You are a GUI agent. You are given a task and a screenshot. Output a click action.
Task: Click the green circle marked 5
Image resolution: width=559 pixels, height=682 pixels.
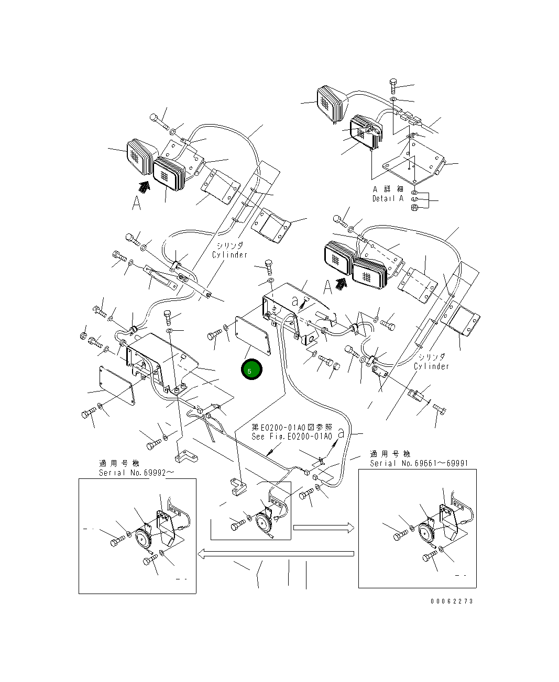[251, 370]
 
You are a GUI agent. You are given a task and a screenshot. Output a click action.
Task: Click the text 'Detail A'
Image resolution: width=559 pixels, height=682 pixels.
[388, 199]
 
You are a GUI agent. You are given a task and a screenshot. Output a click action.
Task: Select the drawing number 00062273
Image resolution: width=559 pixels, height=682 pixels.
[452, 601]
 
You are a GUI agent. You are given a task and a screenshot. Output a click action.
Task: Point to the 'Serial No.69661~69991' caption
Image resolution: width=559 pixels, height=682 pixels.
[419, 463]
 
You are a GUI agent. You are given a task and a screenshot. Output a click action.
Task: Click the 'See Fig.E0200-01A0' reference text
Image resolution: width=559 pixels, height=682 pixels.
[292, 437]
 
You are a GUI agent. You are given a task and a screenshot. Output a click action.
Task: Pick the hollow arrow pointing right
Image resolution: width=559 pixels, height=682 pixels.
[321, 528]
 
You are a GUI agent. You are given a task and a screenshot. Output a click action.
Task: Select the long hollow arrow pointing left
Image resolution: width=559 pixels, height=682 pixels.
[275, 554]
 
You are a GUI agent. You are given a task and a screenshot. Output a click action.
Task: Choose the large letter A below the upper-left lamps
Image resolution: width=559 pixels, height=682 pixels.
[136, 203]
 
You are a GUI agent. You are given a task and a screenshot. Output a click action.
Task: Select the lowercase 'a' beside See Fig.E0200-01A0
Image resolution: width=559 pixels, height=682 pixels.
[341, 433]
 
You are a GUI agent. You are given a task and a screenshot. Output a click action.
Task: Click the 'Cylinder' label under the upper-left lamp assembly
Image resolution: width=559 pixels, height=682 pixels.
[229, 255]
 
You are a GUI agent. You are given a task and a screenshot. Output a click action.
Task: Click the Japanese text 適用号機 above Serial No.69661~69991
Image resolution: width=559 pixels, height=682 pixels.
[390, 454]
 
